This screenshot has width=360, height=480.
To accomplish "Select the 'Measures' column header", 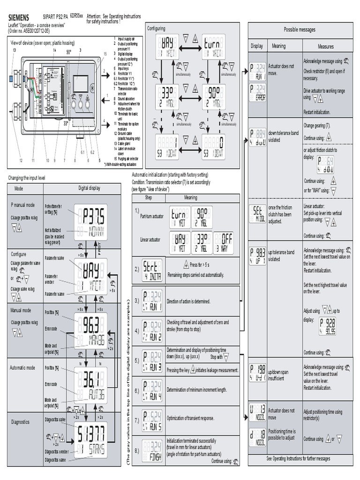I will coord(325,46).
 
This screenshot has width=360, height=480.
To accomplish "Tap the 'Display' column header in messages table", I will coord(257,46).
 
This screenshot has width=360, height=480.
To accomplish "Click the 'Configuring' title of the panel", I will coord(156,29).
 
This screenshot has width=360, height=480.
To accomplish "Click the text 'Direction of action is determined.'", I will coord(188,301).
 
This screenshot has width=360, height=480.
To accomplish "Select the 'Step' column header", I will coord(148,197).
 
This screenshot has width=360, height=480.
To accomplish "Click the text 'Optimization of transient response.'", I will coord(190,417).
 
